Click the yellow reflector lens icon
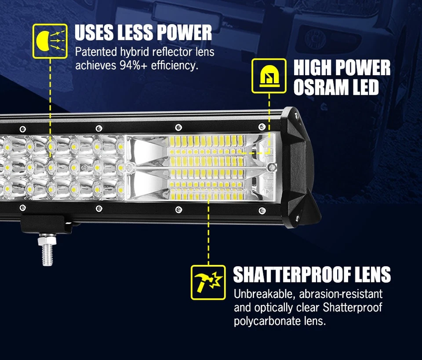point(50,41)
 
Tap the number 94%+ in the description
point(129,66)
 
